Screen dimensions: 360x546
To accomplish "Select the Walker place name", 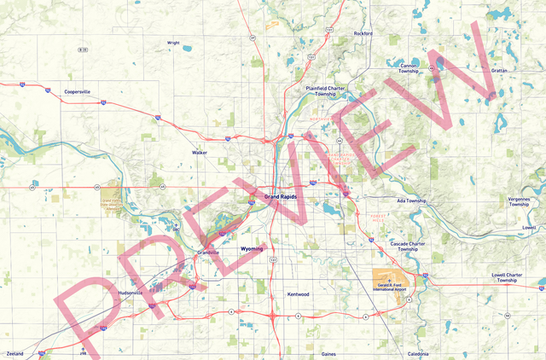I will coord(200,153).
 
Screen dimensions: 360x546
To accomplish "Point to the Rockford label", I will coord(363,33).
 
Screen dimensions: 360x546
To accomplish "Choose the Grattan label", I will coord(501,71).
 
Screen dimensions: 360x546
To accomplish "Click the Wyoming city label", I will coord(253,249).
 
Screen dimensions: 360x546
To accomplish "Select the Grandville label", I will coord(209,253).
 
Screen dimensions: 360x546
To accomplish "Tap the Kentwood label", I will coord(298,294).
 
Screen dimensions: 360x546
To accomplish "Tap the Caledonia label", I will coord(418,353).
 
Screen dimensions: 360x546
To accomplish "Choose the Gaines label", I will coord(328,353).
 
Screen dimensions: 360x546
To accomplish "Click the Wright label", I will coord(173,42).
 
